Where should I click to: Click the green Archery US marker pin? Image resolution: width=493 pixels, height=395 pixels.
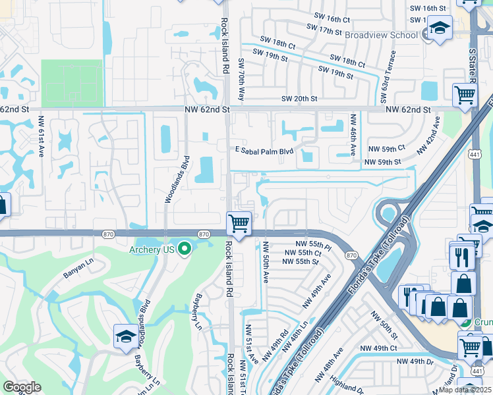tap(185, 249)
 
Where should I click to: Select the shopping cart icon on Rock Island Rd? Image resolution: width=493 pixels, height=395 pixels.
tap(239, 223)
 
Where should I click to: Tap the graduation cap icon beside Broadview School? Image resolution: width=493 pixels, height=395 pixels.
tap(440, 28)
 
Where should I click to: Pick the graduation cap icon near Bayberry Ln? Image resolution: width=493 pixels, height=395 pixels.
tap(125, 336)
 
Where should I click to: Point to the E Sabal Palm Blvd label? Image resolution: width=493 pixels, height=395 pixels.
tap(264, 151)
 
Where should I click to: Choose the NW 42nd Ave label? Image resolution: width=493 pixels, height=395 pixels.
tap(427, 136)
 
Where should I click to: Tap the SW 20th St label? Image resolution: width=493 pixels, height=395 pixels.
tap(299, 98)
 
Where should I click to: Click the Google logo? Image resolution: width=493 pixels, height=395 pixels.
tap(22, 387)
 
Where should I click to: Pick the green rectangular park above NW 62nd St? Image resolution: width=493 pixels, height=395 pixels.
tap(72, 83)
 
